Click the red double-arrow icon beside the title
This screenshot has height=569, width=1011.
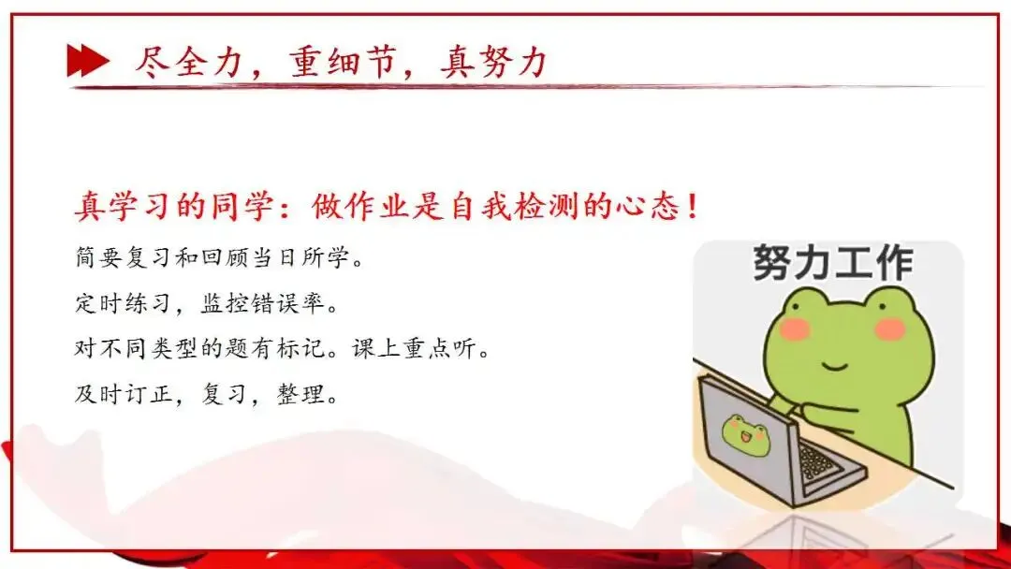pos(87,62)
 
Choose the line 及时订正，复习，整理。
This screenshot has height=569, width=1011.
pos(205,394)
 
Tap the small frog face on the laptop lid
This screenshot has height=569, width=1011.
pos(745,435)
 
